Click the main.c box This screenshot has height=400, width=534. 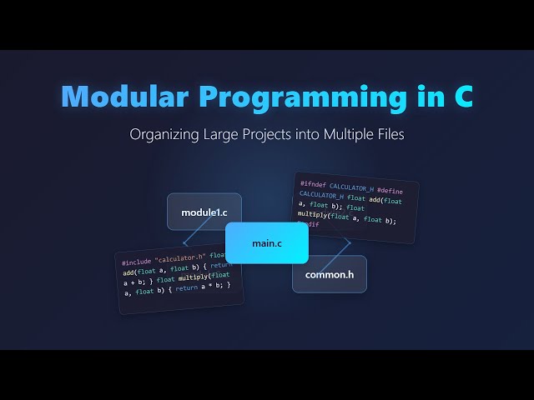(267, 243)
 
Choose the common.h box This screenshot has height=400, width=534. (329, 274)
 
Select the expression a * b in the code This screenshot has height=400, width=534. (213, 286)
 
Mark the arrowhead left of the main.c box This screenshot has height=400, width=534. (185, 243)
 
